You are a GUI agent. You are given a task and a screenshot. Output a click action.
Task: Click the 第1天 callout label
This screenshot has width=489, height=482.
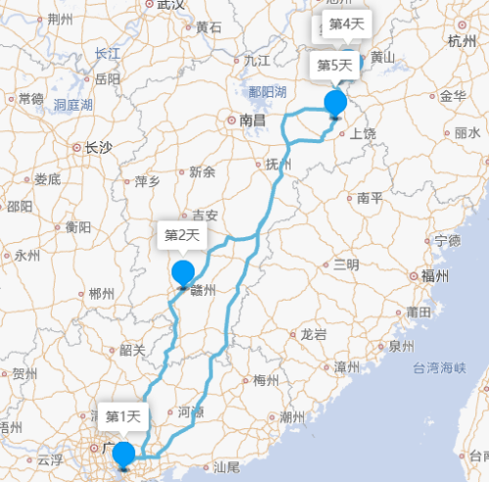click(124, 417)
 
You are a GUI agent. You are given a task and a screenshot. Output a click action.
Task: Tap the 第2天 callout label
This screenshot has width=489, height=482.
click(182, 235)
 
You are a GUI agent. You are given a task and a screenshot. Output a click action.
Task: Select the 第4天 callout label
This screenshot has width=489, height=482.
click(346, 24)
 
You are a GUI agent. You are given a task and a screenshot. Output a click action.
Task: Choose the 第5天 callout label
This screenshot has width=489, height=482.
click(334, 67)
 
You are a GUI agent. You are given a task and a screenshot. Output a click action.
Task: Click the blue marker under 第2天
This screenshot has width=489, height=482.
click(183, 274)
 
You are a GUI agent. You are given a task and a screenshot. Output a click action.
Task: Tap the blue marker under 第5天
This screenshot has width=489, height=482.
click(335, 102)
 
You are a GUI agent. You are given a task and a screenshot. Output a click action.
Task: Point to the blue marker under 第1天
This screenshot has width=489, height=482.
click(123, 455)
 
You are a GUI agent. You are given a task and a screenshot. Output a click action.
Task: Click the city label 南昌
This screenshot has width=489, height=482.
click(252, 120)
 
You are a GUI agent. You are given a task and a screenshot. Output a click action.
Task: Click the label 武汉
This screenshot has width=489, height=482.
click(170, 5)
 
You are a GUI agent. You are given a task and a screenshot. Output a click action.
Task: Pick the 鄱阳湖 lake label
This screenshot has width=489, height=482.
click(267, 92)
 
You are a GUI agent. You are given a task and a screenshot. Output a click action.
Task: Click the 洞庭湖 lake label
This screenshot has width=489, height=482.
click(73, 104)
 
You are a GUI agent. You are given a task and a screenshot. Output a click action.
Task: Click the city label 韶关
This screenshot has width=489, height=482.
click(132, 350)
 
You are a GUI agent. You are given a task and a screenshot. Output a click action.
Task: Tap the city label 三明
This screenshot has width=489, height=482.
click(346, 265)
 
